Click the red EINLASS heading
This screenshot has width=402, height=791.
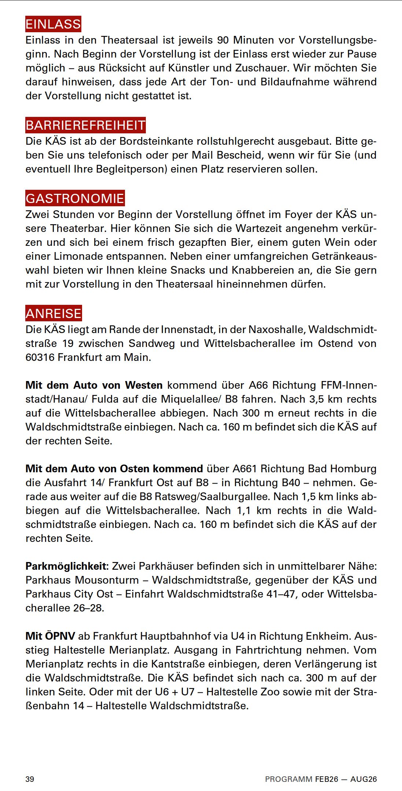[x=53, y=24]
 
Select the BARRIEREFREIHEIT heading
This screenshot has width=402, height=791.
[x=85, y=125]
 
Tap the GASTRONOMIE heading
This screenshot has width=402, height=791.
[x=75, y=198]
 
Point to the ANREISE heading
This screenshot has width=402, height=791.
[x=54, y=313]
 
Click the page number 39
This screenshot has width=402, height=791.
[x=30, y=779]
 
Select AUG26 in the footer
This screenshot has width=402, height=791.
[x=363, y=779]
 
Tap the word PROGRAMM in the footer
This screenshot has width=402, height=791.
[x=289, y=779]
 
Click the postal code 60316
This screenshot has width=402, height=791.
[x=40, y=357]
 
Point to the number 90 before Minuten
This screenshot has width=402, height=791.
[x=224, y=40]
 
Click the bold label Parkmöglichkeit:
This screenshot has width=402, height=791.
[x=67, y=566]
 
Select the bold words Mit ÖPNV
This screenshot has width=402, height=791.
[x=50, y=636]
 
